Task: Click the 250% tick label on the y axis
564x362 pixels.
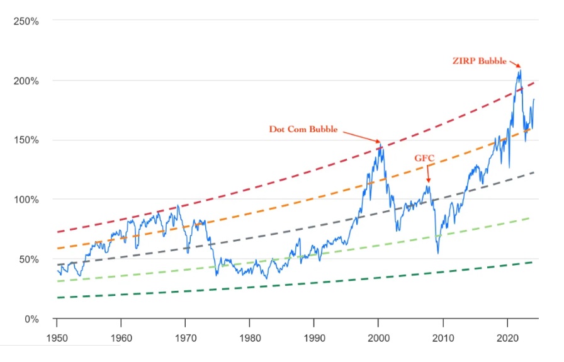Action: [x=26, y=21]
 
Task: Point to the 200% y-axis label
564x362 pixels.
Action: [x=26, y=81]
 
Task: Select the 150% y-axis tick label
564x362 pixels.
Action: [x=26, y=140]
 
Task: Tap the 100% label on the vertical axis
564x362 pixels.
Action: [x=26, y=200]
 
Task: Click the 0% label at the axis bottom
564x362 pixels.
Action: [x=30, y=319]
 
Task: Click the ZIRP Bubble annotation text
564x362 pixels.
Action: [x=479, y=61]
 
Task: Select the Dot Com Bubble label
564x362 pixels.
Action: [x=303, y=129]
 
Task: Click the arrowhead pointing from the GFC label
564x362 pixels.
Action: [x=427, y=182]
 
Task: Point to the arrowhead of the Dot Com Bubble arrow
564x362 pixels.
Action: [x=379, y=142]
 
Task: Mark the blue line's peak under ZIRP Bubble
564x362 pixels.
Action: [x=519, y=70]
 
